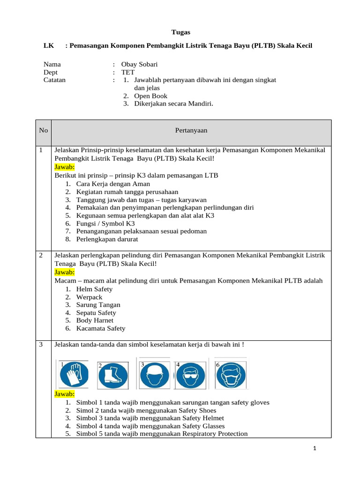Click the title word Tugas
[x=180, y=32]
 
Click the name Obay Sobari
[x=140, y=64]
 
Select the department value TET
[x=127, y=72]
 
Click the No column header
[x=44, y=130]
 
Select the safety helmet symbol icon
[x=154, y=375]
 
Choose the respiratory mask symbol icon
[x=230, y=375]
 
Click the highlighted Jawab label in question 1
[x=64, y=166]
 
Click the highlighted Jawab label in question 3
[x=64, y=394]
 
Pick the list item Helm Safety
[x=94, y=289]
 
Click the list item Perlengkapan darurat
[x=107, y=239]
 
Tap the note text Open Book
[x=150, y=96]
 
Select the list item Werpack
[x=89, y=297]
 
